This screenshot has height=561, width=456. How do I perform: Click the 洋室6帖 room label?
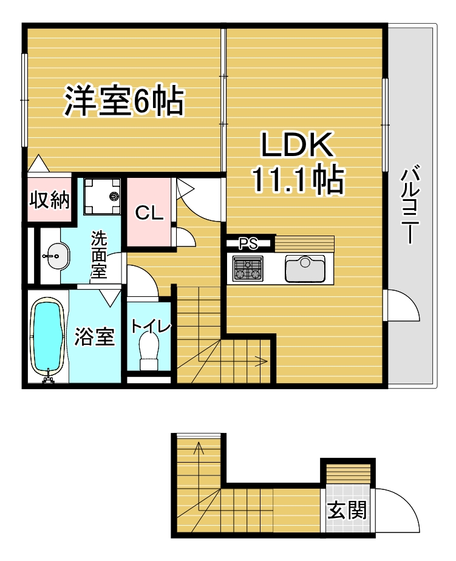(124, 101)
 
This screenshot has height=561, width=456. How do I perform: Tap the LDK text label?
(297, 145)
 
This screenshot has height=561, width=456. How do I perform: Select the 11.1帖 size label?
(298, 179)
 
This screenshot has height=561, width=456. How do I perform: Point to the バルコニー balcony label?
(410, 204)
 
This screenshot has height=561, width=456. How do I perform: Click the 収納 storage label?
(49, 200)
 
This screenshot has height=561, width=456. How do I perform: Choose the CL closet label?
(149, 214)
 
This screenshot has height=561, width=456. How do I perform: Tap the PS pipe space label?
(248, 243)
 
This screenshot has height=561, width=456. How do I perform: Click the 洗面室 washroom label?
(98, 254)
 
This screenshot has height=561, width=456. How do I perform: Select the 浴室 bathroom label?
(95, 336)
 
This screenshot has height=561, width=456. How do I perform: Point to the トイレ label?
(151, 327)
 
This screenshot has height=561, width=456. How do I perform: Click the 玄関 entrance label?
(347, 510)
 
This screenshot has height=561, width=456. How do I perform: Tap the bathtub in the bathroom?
(48, 339)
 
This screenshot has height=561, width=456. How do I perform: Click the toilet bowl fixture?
(150, 352)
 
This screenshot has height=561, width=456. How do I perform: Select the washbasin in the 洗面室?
(55, 256)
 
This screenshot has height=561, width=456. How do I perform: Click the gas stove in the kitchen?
(247, 268)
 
